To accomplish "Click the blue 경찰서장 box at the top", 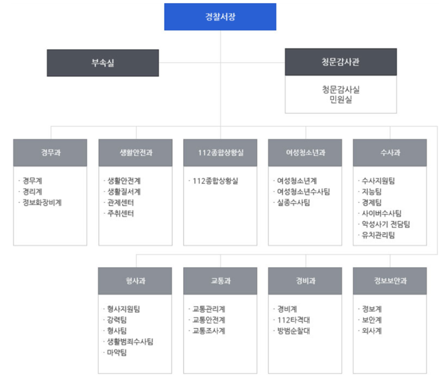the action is [x=220, y=17].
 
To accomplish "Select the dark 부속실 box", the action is [x=103, y=63].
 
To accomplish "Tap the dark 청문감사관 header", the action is [x=341, y=62].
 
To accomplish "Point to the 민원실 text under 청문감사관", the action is [x=341, y=99].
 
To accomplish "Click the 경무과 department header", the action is [x=50, y=153].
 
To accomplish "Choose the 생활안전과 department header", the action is [x=135, y=153].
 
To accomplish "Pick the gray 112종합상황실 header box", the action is [x=220, y=153].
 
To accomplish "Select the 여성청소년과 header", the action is [x=305, y=153].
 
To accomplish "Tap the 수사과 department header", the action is [x=390, y=153].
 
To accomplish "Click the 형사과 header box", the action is [x=135, y=281].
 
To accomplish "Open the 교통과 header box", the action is [x=220, y=281].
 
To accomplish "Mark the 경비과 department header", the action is [x=305, y=281].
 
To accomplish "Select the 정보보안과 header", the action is [x=390, y=281].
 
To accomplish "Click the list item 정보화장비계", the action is [x=42, y=202].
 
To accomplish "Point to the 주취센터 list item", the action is [x=120, y=213].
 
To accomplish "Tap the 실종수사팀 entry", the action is [x=293, y=202].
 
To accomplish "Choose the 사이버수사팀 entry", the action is [x=381, y=213].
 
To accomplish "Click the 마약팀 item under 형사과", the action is [x=117, y=352].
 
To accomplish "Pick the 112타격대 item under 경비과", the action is [x=293, y=320].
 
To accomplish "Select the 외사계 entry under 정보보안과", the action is [x=372, y=330].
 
